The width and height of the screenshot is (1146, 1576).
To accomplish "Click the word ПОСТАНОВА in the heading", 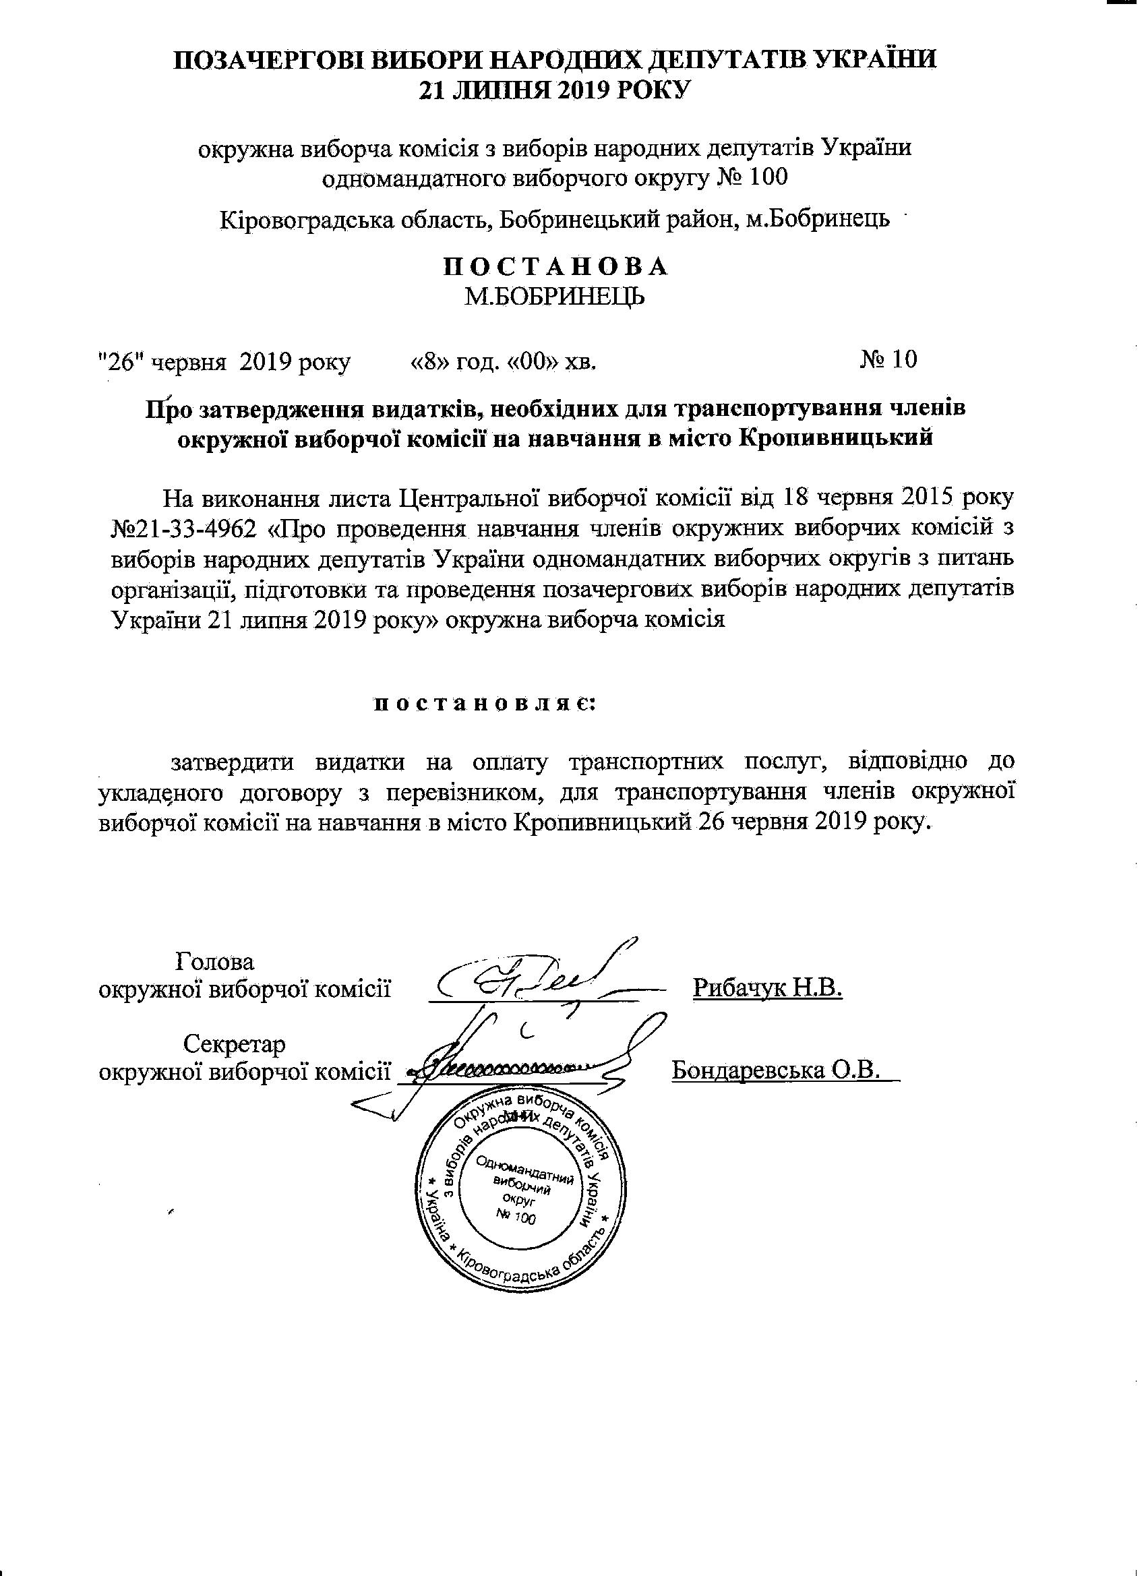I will tap(555, 268).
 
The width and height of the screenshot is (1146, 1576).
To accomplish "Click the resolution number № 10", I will tap(889, 359).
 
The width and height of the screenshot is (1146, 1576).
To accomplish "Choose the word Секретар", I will tap(234, 1043).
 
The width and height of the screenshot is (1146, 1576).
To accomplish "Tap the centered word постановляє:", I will tap(485, 703).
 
